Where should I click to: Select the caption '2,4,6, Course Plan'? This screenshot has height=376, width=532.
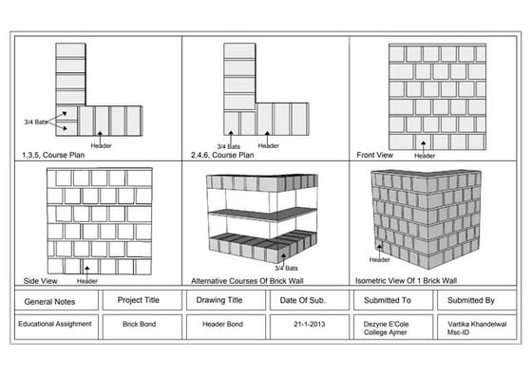[x=222, y=154]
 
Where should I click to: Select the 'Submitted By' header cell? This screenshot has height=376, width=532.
[x=471, y=300]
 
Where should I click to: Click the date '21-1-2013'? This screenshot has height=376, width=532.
[x=303, y=323]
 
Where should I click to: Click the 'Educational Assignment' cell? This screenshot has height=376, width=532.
[x=54, y=323]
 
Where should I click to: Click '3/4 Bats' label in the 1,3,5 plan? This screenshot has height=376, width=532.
[x=34, y=122]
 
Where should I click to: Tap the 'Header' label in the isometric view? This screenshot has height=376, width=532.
[x=380, y=259]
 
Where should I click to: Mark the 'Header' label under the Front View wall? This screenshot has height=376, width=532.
[x=425, y=155]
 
